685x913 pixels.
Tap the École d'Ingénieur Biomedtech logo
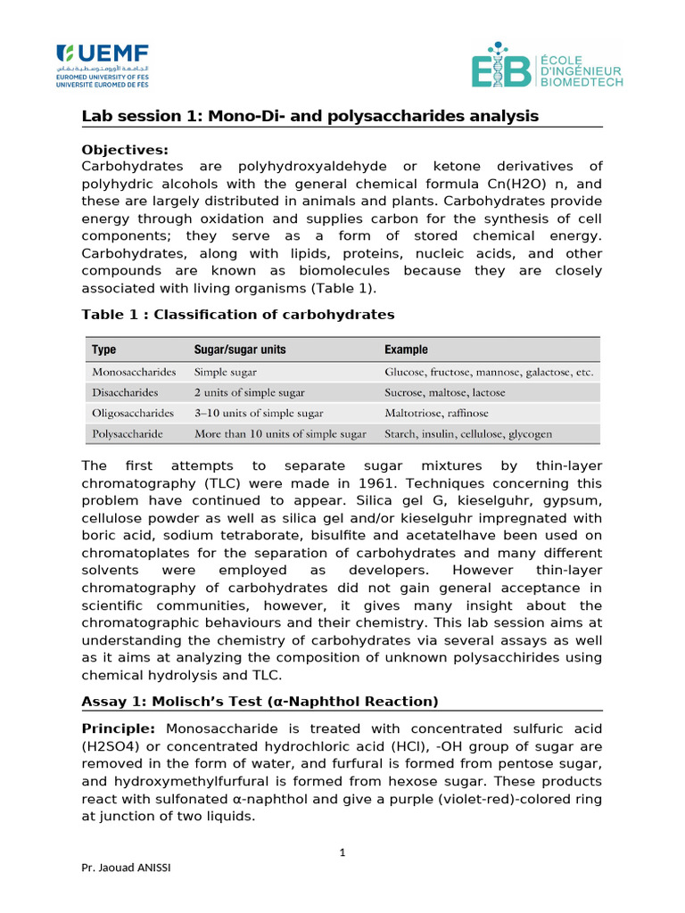coord(547,65)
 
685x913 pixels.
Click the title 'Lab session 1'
coord(309,116)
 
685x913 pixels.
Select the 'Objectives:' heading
coord(124,149)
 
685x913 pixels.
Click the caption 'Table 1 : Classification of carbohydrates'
coord(237,314)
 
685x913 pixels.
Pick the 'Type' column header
coord(103,350)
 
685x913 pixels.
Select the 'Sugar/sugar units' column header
coord(240,350)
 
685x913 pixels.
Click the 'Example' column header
coord(406,350)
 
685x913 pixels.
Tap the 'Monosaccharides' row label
coord(134,371)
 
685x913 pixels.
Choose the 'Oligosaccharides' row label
coord(133,413)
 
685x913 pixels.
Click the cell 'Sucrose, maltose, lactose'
coord(444,392)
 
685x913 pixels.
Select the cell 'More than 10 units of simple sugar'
coord(280,434)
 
